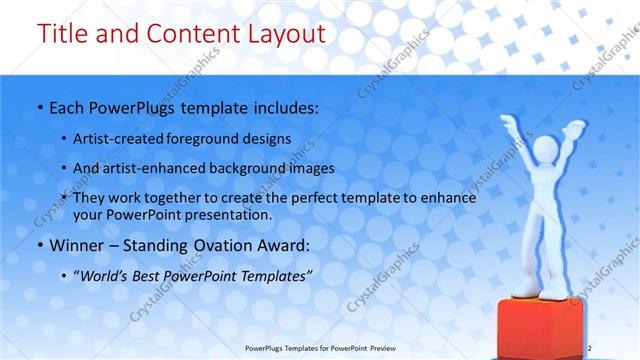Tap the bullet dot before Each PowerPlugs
tap(38, 105)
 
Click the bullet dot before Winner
tap(38, 242)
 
